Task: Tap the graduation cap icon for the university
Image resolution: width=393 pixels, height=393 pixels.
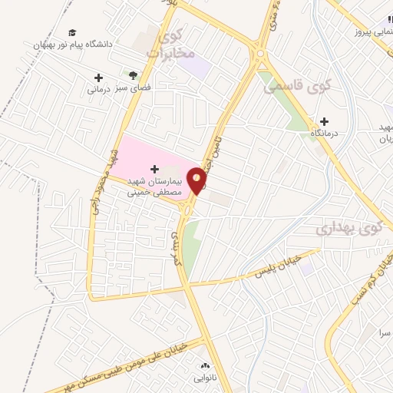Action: coord(72,33)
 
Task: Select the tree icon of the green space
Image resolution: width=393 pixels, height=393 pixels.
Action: coord(133,75)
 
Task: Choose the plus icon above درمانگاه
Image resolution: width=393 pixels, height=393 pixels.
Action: coord(324,121)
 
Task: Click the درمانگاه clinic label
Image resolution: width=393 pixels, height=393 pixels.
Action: coord(324,132)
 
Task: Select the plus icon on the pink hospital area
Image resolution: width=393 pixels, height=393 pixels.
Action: coord(154,167)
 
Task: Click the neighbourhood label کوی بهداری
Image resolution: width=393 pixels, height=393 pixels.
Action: coord(348,228)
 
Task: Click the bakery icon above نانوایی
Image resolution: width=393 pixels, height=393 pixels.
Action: coord(203,365)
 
